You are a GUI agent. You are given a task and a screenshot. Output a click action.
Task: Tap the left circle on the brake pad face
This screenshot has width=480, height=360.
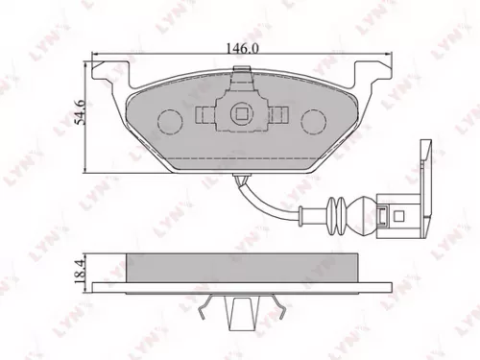click(169, 122)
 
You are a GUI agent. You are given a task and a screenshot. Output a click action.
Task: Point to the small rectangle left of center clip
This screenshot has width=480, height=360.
click(205, 115)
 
